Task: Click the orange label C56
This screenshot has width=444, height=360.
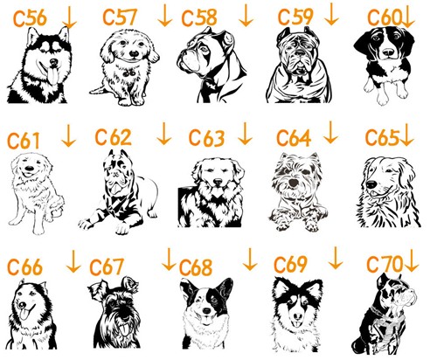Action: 30,17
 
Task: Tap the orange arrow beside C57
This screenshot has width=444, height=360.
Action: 165,15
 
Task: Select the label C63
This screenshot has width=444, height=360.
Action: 206,137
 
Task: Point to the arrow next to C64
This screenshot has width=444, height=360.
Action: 330,132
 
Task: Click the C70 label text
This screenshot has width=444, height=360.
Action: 385,264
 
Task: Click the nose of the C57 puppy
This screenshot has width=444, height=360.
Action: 134,54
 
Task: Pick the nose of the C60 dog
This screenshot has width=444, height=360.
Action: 388,52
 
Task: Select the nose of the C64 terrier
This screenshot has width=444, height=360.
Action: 294,183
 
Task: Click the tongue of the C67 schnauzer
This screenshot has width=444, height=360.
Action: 123,329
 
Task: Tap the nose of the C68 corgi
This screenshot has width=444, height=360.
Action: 207,310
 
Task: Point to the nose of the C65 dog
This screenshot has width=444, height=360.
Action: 371,184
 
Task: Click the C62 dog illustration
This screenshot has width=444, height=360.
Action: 118,191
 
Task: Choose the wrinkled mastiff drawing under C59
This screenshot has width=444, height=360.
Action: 299,65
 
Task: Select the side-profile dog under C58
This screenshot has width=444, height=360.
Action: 212,65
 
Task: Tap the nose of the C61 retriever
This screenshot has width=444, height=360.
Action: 29,169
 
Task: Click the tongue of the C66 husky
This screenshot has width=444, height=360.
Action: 24,315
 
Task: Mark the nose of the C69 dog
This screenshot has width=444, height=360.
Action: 298,315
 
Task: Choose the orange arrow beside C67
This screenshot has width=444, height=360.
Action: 169,260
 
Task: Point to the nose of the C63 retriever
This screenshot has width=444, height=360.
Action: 218,183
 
